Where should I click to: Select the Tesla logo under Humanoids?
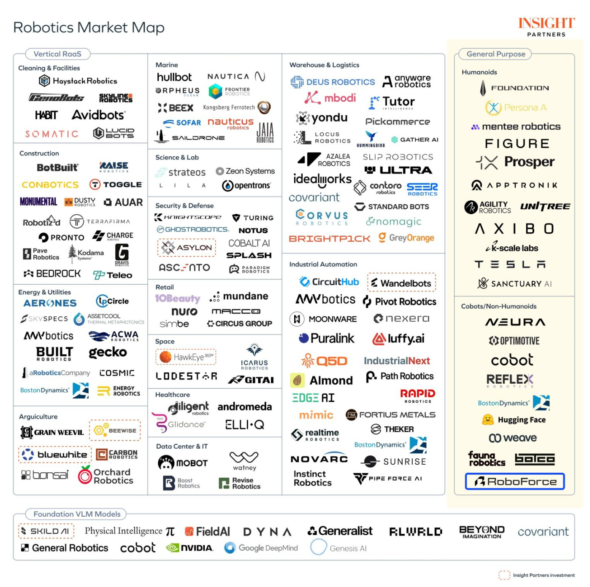[x=510, y=264]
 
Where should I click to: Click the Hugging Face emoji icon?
[x=488, y=420]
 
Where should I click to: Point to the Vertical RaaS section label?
[x=57, y=54]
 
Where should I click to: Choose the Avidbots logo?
[x=98, y=115]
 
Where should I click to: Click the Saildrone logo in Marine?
[x=190, y=137]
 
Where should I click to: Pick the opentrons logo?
[x=246, y=186]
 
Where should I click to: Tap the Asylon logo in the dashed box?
[x=187, y=248]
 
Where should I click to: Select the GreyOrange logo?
[x=406, y=238]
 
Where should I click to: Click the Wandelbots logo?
[x=401, y=283]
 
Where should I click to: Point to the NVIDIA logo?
[x=189, y=548]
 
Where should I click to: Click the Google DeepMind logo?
[x=261, y=548]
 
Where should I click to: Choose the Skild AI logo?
[x=46, y=531]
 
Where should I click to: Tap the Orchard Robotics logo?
[x=106, y=476]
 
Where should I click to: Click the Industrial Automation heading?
[x=323, y=264]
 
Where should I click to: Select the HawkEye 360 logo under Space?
[x=186, y=357]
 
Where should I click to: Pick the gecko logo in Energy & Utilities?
[x=108, y=352]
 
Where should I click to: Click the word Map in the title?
[x=148, y=27]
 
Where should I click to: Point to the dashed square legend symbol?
[x=504, y=575]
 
